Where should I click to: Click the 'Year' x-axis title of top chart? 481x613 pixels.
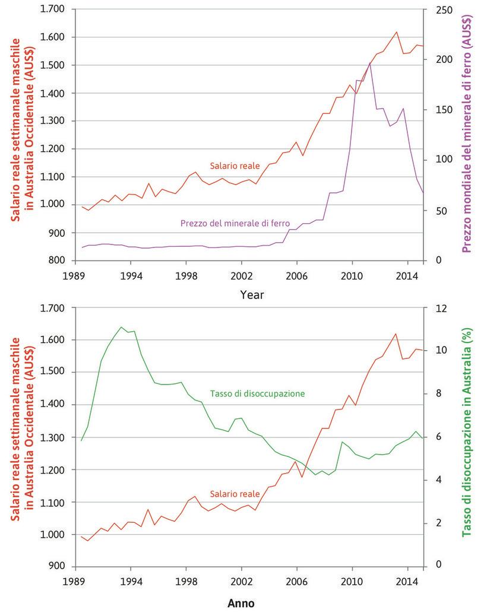pyautogui.click(x=252, y=294)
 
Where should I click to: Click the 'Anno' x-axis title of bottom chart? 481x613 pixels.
pyautogui.click(x=241, y=604)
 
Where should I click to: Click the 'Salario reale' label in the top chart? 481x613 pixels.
pyautogui.click(x=230, y=166)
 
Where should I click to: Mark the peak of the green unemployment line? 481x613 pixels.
pyautogui.click(x=121, y=327)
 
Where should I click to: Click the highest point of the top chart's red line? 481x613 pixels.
pyautogui.click(x=396, y=32)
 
